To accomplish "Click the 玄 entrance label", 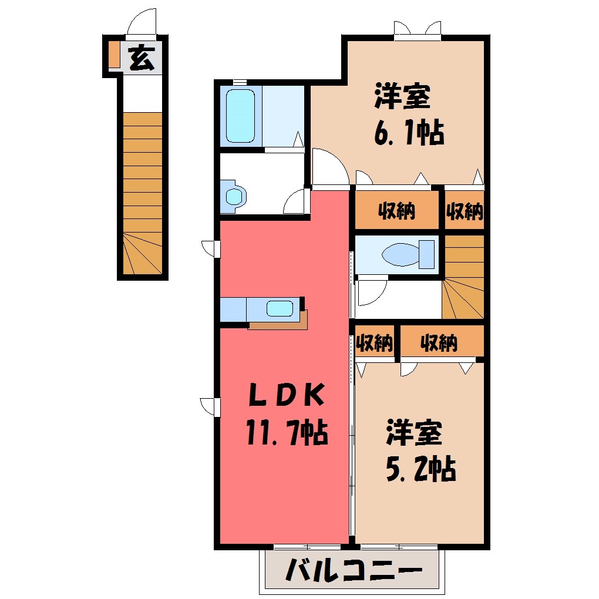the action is tap(142, 58).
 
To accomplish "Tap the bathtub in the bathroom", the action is tap(240, 116).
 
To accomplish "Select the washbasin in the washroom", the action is tap(233, 196).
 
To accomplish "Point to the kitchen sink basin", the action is tap(280, 309).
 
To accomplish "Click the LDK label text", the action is tap(287, 395).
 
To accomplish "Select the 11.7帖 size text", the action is tap(287, 432).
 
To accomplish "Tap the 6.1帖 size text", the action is tap(409, 133).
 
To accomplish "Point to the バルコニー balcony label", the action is tap(354, 570).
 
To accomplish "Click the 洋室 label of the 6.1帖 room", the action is tap(403, 96).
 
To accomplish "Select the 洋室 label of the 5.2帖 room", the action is tap(414, 432).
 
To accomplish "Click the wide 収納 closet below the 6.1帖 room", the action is tap(396, 210).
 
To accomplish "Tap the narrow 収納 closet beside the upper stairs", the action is tap(465, 210).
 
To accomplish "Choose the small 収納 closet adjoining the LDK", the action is tap(375, 342).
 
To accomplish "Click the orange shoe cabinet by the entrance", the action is tap(114, 54).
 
